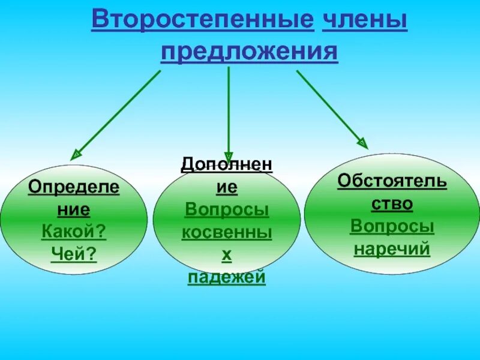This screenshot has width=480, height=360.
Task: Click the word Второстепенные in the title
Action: [202, 20]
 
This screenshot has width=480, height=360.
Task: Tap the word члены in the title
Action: [365, 20]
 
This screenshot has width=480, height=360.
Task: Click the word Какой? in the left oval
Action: [74, 230]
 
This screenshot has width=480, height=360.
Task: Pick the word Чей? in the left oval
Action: [74, 253]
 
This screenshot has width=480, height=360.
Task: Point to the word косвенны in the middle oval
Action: [227, 233]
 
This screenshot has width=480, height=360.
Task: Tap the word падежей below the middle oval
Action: [227, 277]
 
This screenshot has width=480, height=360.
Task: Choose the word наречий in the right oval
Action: [392, 248]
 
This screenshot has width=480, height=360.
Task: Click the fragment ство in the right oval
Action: [392, 203]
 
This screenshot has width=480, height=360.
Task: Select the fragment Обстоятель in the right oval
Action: [392, 181]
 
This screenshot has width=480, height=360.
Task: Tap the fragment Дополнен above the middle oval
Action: [227, 164]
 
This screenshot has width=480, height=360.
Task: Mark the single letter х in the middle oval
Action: [227, 255]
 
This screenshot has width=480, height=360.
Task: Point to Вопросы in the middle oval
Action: [227, 210]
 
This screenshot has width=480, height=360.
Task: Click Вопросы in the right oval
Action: [392, 226]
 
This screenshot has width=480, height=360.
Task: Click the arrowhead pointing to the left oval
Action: [76, 155]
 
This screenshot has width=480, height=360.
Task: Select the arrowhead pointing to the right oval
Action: [362, 143]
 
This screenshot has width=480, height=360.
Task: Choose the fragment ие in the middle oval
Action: [227, 187]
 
